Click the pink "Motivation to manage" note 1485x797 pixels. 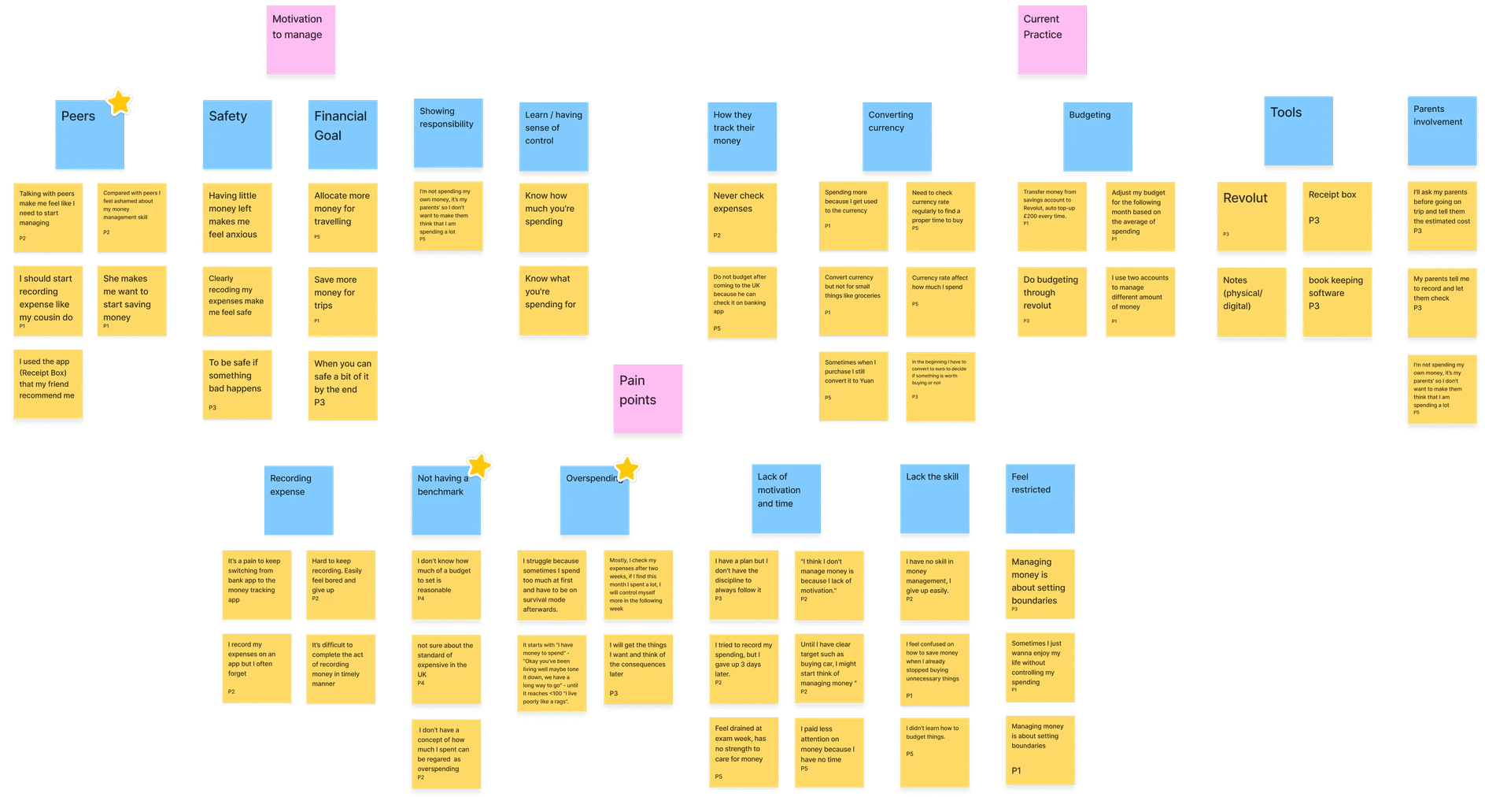[x=301, y=41]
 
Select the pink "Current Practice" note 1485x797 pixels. [x=1051, y=41]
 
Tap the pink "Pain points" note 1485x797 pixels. [x=648, y=398]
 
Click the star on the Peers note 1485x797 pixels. [x=119, y=102]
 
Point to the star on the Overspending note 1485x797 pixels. [x=626, y=469]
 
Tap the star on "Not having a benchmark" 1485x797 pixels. [x=479, y=465]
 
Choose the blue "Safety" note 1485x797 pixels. [x=237, y=135]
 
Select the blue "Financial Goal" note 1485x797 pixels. [x=342, y=135]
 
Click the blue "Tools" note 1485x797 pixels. [x=1298, y=132]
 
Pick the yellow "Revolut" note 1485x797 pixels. [x=1251, y=217]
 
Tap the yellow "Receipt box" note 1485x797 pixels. [x=1336, y=217]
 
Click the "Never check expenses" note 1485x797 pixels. [x=741, y=217]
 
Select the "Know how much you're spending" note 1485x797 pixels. [x=554, y=217]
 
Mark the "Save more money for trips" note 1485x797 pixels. [x=342, y=302]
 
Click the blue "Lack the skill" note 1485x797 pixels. [x=934, y=498]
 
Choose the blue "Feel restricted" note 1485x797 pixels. [x=1040, y=498]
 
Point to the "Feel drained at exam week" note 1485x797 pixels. [x=743, y=751]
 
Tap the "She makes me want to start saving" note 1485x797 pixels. [x=131, y=302]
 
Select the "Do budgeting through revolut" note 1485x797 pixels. [x=1051, y=302]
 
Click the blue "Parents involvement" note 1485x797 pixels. [x=1441, y=132]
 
